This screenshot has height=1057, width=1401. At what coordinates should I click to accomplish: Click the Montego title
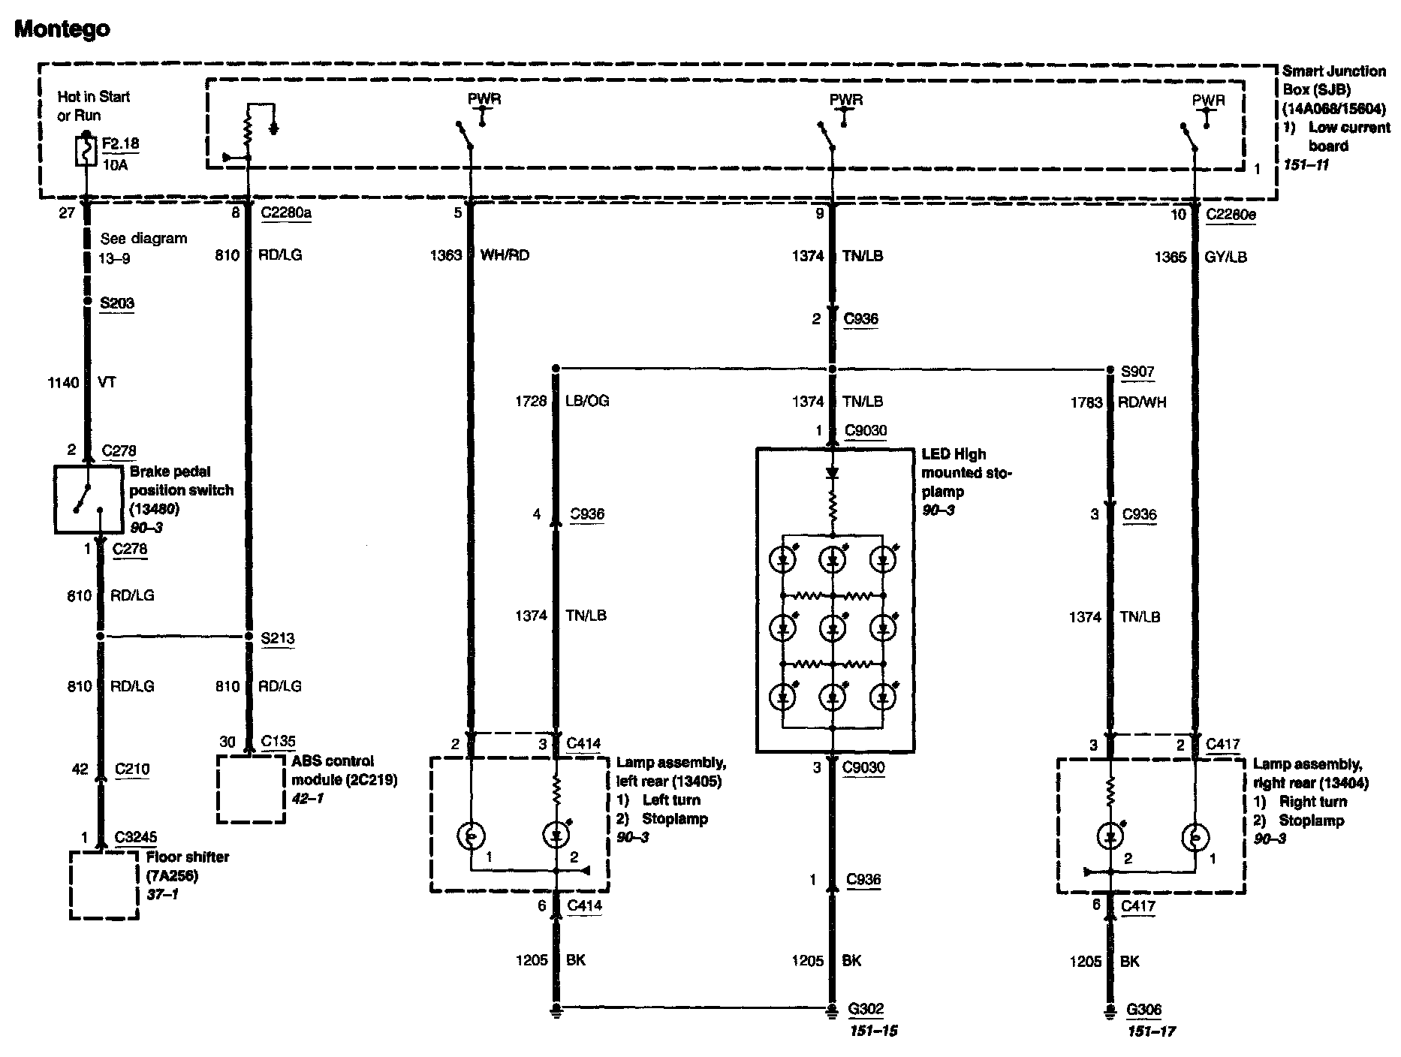(x=62, y=29)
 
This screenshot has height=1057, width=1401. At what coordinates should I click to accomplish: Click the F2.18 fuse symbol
(x=87, y=150)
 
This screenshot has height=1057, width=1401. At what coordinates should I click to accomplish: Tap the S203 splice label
(x=117, y=303)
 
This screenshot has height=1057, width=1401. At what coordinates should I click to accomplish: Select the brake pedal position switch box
(x=89, y=499)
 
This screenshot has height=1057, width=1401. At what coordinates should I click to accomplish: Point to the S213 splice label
(x=277, y=639)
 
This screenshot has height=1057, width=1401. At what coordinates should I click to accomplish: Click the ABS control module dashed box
(x=251, y=788)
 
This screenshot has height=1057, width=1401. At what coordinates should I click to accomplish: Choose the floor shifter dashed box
(x=104, y=884)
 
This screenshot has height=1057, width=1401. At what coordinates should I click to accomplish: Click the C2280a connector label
(x=286, y=213)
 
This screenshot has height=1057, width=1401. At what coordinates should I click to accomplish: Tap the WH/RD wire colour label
(x=505, y=255)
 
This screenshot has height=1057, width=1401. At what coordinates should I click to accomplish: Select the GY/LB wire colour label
(x=1226, y=257)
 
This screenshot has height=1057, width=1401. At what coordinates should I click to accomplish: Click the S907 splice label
(x=1137, y=372)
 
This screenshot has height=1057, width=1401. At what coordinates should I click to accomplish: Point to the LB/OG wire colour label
(x=586, y=401)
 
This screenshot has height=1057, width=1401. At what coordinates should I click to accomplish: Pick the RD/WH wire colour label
(x=1141, y=402)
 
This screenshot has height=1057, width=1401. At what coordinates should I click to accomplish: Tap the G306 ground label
(x=1143, y=1010)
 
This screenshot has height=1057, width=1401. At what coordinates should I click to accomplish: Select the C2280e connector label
(x=1231, y=215)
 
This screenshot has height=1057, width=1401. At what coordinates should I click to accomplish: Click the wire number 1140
(x=63, y=383)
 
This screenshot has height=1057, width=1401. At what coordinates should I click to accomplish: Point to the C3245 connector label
(x=136, y=837)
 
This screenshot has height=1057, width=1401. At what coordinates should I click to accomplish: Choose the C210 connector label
(x=132, y=769)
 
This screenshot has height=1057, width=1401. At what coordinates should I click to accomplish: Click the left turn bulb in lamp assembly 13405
(x=472, y=835)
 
